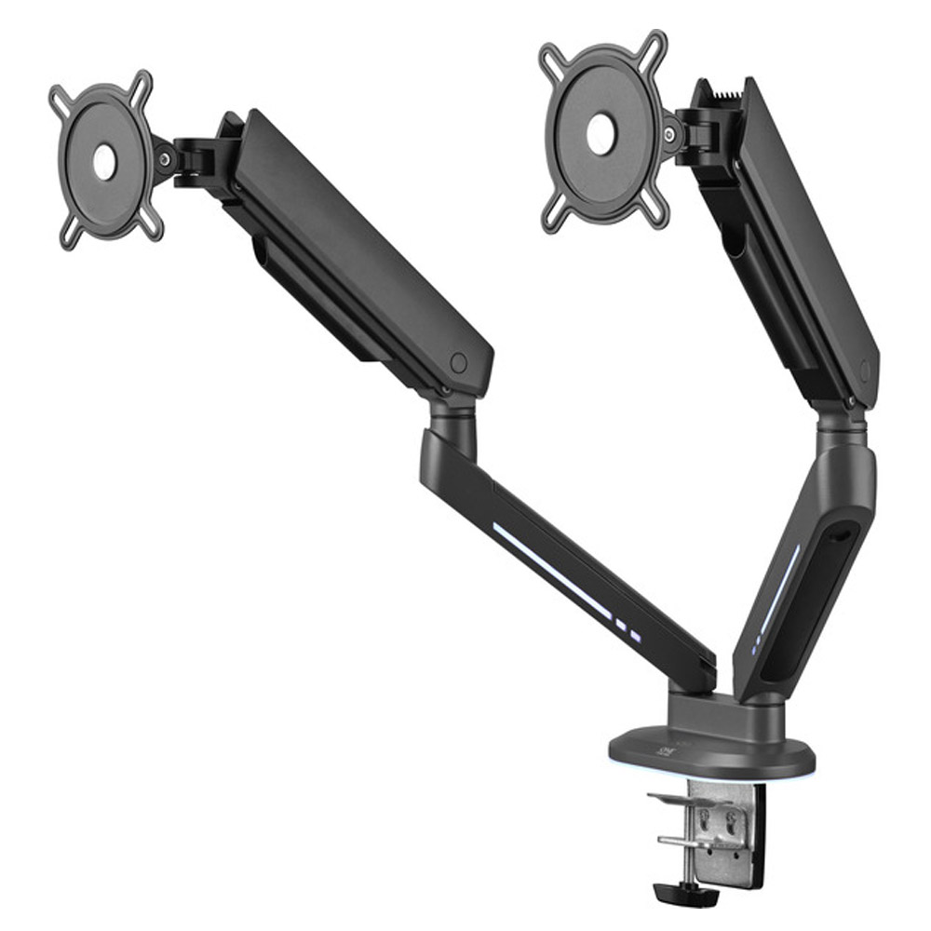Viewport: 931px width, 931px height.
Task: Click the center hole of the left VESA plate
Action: point(104,163)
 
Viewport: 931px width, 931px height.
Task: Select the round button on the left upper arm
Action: point(457,362)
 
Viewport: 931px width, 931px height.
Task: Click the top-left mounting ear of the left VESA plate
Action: point(61,97)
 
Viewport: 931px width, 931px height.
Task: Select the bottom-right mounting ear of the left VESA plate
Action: point(151,226)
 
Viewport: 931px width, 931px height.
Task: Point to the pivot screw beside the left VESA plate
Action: point(165,159)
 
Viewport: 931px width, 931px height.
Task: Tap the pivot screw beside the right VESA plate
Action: point(669,133)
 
